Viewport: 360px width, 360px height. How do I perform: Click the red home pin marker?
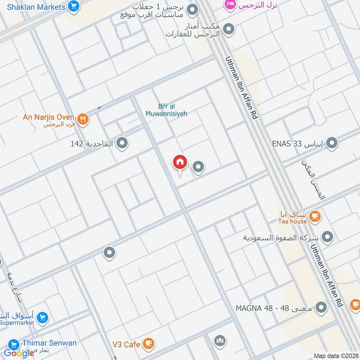point(180,162)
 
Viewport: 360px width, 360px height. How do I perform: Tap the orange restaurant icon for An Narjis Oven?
point(82,119)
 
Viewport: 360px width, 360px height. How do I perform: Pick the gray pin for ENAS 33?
point(332,144)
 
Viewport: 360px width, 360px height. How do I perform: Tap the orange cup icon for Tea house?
point(315,216)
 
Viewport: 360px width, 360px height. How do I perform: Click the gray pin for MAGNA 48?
point(321,308)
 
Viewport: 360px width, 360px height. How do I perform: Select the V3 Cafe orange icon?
point(148,344)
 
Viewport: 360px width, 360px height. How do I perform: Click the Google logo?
point(19,353)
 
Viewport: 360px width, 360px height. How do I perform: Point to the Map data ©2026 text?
point(335,356)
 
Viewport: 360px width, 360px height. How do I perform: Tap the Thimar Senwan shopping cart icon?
point(13,343)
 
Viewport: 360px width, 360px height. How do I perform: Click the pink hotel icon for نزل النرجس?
point(230,5)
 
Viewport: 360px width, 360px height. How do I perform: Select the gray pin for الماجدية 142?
point(122,144)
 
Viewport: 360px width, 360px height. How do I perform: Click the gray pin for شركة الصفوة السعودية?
point(328,237)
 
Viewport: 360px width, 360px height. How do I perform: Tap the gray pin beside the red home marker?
point(198,167)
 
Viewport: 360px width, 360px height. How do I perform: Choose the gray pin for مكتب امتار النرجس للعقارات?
point(229,29)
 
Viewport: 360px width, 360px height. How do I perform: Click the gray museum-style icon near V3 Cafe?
point(220,341)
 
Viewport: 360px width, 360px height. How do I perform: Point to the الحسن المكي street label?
point(313,180)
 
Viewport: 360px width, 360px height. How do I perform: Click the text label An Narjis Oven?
point(49,117)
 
